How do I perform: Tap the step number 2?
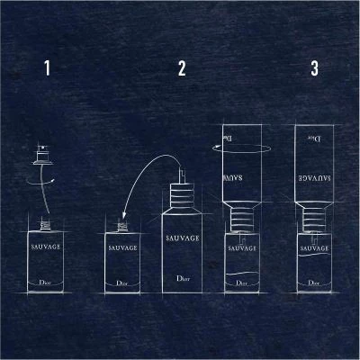coord(182,68)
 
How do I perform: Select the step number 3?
coord(313,68)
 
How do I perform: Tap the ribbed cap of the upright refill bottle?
coord(181,197)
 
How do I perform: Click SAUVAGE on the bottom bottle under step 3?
coord(313,246)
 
